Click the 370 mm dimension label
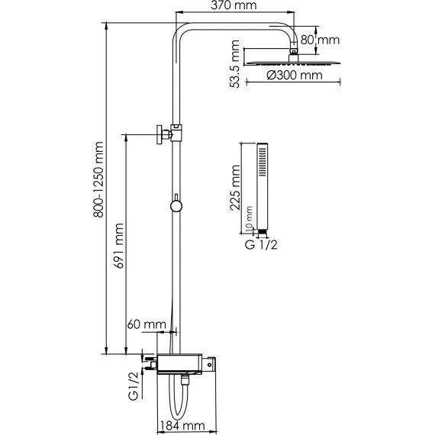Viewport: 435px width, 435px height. [234, 5]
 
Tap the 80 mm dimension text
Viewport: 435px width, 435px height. [320, 40]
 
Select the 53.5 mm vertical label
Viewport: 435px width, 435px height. [234, 64]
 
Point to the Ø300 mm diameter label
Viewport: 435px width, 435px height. [295, 76]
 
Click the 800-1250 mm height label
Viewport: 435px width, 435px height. [98, 180]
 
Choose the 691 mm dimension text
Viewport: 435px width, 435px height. [119, 246]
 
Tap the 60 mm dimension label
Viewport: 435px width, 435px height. [147, 324]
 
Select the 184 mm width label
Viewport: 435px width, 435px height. [182, 425]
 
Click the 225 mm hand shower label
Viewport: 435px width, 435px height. [235, 188]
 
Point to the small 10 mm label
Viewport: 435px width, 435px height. [249, 219]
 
